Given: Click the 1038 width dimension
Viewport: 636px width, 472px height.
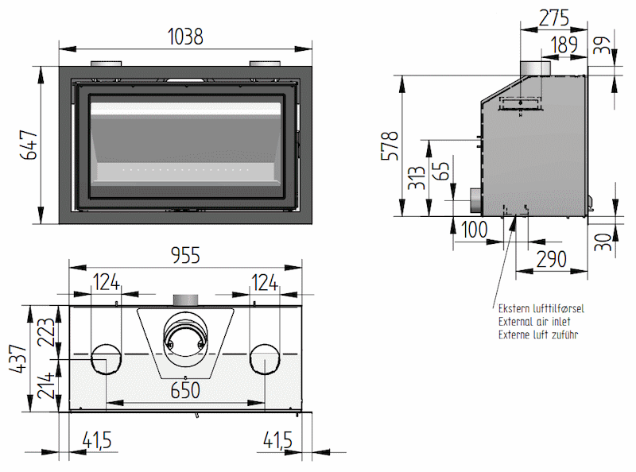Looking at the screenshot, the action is pyautogui.click(x=185, y=37).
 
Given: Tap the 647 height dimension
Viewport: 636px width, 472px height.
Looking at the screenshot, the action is pyautogui.click(x=29, y=145).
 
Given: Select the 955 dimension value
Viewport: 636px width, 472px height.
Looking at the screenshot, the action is pyautogui.click(x=185, y=255).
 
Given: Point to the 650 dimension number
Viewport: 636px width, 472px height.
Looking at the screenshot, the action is pyautogui.click(x=185, y=390).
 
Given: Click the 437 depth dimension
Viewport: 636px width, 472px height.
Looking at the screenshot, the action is pyautogui.click(x=17, y=358).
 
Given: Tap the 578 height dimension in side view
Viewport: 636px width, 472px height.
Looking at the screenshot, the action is pyautogui.click(x=390, y=146).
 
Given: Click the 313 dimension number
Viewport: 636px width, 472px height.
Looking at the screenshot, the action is pyautogui.click(x=417, y=178).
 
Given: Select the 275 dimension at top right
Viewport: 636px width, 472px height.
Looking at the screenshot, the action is pyautogui.click(x=554, y=17).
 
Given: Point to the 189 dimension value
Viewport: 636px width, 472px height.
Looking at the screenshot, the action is pyautogui.click(x=564, y=44).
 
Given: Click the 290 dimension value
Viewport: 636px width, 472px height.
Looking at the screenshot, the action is pyautogui.click(x=551, y=259).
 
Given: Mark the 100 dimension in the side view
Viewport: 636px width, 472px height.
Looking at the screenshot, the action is pyautogui.click(x=474, y=230).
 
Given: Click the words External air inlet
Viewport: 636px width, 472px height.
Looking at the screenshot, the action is pyautogui.click(x=534, y=322).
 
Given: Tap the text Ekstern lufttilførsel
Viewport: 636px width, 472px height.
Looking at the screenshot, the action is pyautogui.click(x=541, y=308).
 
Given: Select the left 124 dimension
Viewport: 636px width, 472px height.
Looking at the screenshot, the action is pyautogui.click(x=107, y=282).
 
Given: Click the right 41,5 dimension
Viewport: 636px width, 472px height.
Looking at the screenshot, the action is pyautogui.click(x=277, y=440).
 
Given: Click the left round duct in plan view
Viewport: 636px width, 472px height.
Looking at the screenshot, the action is pyautogui.click(x=106, y=359).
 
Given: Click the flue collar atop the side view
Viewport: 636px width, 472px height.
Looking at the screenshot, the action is pyautogui.click(x=535, y=68).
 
